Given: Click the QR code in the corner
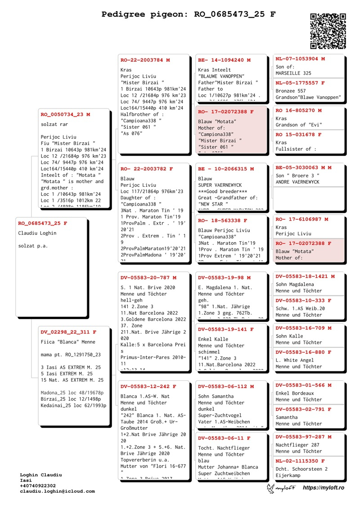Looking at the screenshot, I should (328, 31).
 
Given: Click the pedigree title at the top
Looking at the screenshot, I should (189, 14).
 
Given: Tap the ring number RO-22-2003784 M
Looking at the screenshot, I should (145, 60).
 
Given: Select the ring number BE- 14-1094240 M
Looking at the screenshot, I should (224, 60).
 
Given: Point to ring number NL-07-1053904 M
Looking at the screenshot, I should (300, 59).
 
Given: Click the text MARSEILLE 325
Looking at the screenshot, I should (293, 73).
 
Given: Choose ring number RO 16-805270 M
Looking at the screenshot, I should (298, 110).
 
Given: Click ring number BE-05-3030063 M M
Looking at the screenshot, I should (303, 167).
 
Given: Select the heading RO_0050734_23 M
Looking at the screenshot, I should (65, 115).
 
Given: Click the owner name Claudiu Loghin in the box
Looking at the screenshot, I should (37, 233).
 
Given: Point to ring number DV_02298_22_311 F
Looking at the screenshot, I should (68, 332).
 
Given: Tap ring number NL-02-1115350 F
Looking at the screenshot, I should (300, 461).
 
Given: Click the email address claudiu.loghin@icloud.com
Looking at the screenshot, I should (57, 491).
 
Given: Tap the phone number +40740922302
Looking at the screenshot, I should (38, 486).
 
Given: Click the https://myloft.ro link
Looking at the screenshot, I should (324, 488).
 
